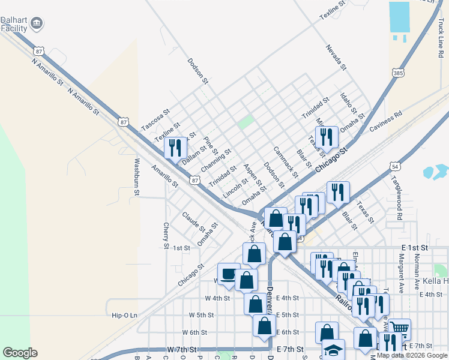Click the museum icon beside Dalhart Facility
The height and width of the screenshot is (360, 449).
click(37, 23)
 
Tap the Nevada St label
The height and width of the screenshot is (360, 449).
click(336, 58)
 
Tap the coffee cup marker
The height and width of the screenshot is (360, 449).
click(229, 274)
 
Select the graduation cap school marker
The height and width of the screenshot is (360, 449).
click(333, 350)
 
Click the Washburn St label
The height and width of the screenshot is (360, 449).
click(137, 177)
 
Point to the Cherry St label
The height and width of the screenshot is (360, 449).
click(166, 235)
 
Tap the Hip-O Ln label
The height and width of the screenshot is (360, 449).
click(125, 315)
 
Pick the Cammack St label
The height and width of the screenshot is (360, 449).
click(285, 162)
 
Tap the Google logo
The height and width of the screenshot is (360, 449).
click(20, 353)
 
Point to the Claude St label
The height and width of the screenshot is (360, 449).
click(194, 222)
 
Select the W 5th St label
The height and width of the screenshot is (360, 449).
click(201, 315)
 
